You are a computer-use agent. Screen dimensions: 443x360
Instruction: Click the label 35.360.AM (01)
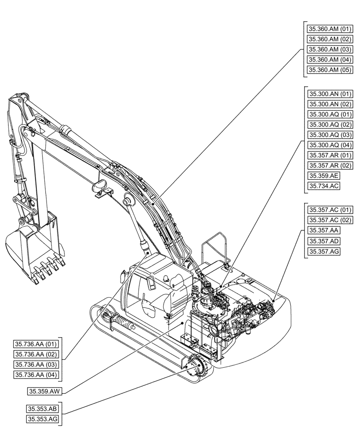click(x=329, y=29)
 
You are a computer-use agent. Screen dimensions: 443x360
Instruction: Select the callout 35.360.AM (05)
click(x=329, y=70)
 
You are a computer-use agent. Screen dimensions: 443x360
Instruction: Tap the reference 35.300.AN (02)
click(x=329, y=104)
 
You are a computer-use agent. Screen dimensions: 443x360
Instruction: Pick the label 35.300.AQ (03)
click(x=329, y=135)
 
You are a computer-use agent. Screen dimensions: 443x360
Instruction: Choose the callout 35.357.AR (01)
click(x=329, y=155)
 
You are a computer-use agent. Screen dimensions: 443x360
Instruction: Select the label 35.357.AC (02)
click(x=329, y=220)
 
